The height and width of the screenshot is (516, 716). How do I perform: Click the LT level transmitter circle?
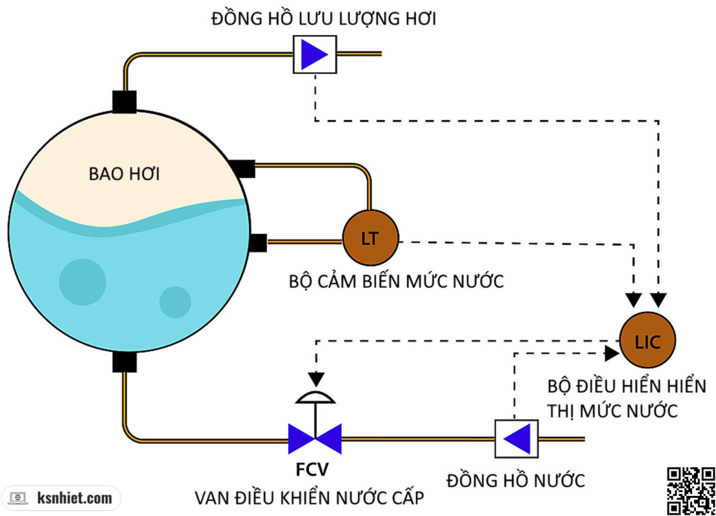pos(370,239)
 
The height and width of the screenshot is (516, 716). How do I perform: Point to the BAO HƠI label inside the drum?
pos(124,174)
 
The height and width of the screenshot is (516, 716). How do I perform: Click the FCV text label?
pos(314,469)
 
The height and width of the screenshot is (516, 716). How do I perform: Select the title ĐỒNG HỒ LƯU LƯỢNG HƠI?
pos(323,19)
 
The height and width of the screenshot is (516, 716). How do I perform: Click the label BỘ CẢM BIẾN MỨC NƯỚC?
pos(396,282)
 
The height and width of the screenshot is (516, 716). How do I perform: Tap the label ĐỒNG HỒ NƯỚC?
pos(515,481)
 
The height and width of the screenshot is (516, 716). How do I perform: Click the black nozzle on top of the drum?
pos(124,101)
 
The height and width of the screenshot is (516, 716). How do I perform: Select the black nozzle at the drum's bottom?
pos(124,361)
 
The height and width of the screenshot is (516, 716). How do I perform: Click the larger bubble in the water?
pos(83,281)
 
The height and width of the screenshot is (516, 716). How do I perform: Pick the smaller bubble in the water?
pos(175,302)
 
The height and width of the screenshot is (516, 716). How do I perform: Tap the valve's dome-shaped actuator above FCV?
pos(314,397)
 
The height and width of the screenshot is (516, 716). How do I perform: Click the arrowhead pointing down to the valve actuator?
pos(314,377)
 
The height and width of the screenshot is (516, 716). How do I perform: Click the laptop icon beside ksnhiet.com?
pos(17,498)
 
